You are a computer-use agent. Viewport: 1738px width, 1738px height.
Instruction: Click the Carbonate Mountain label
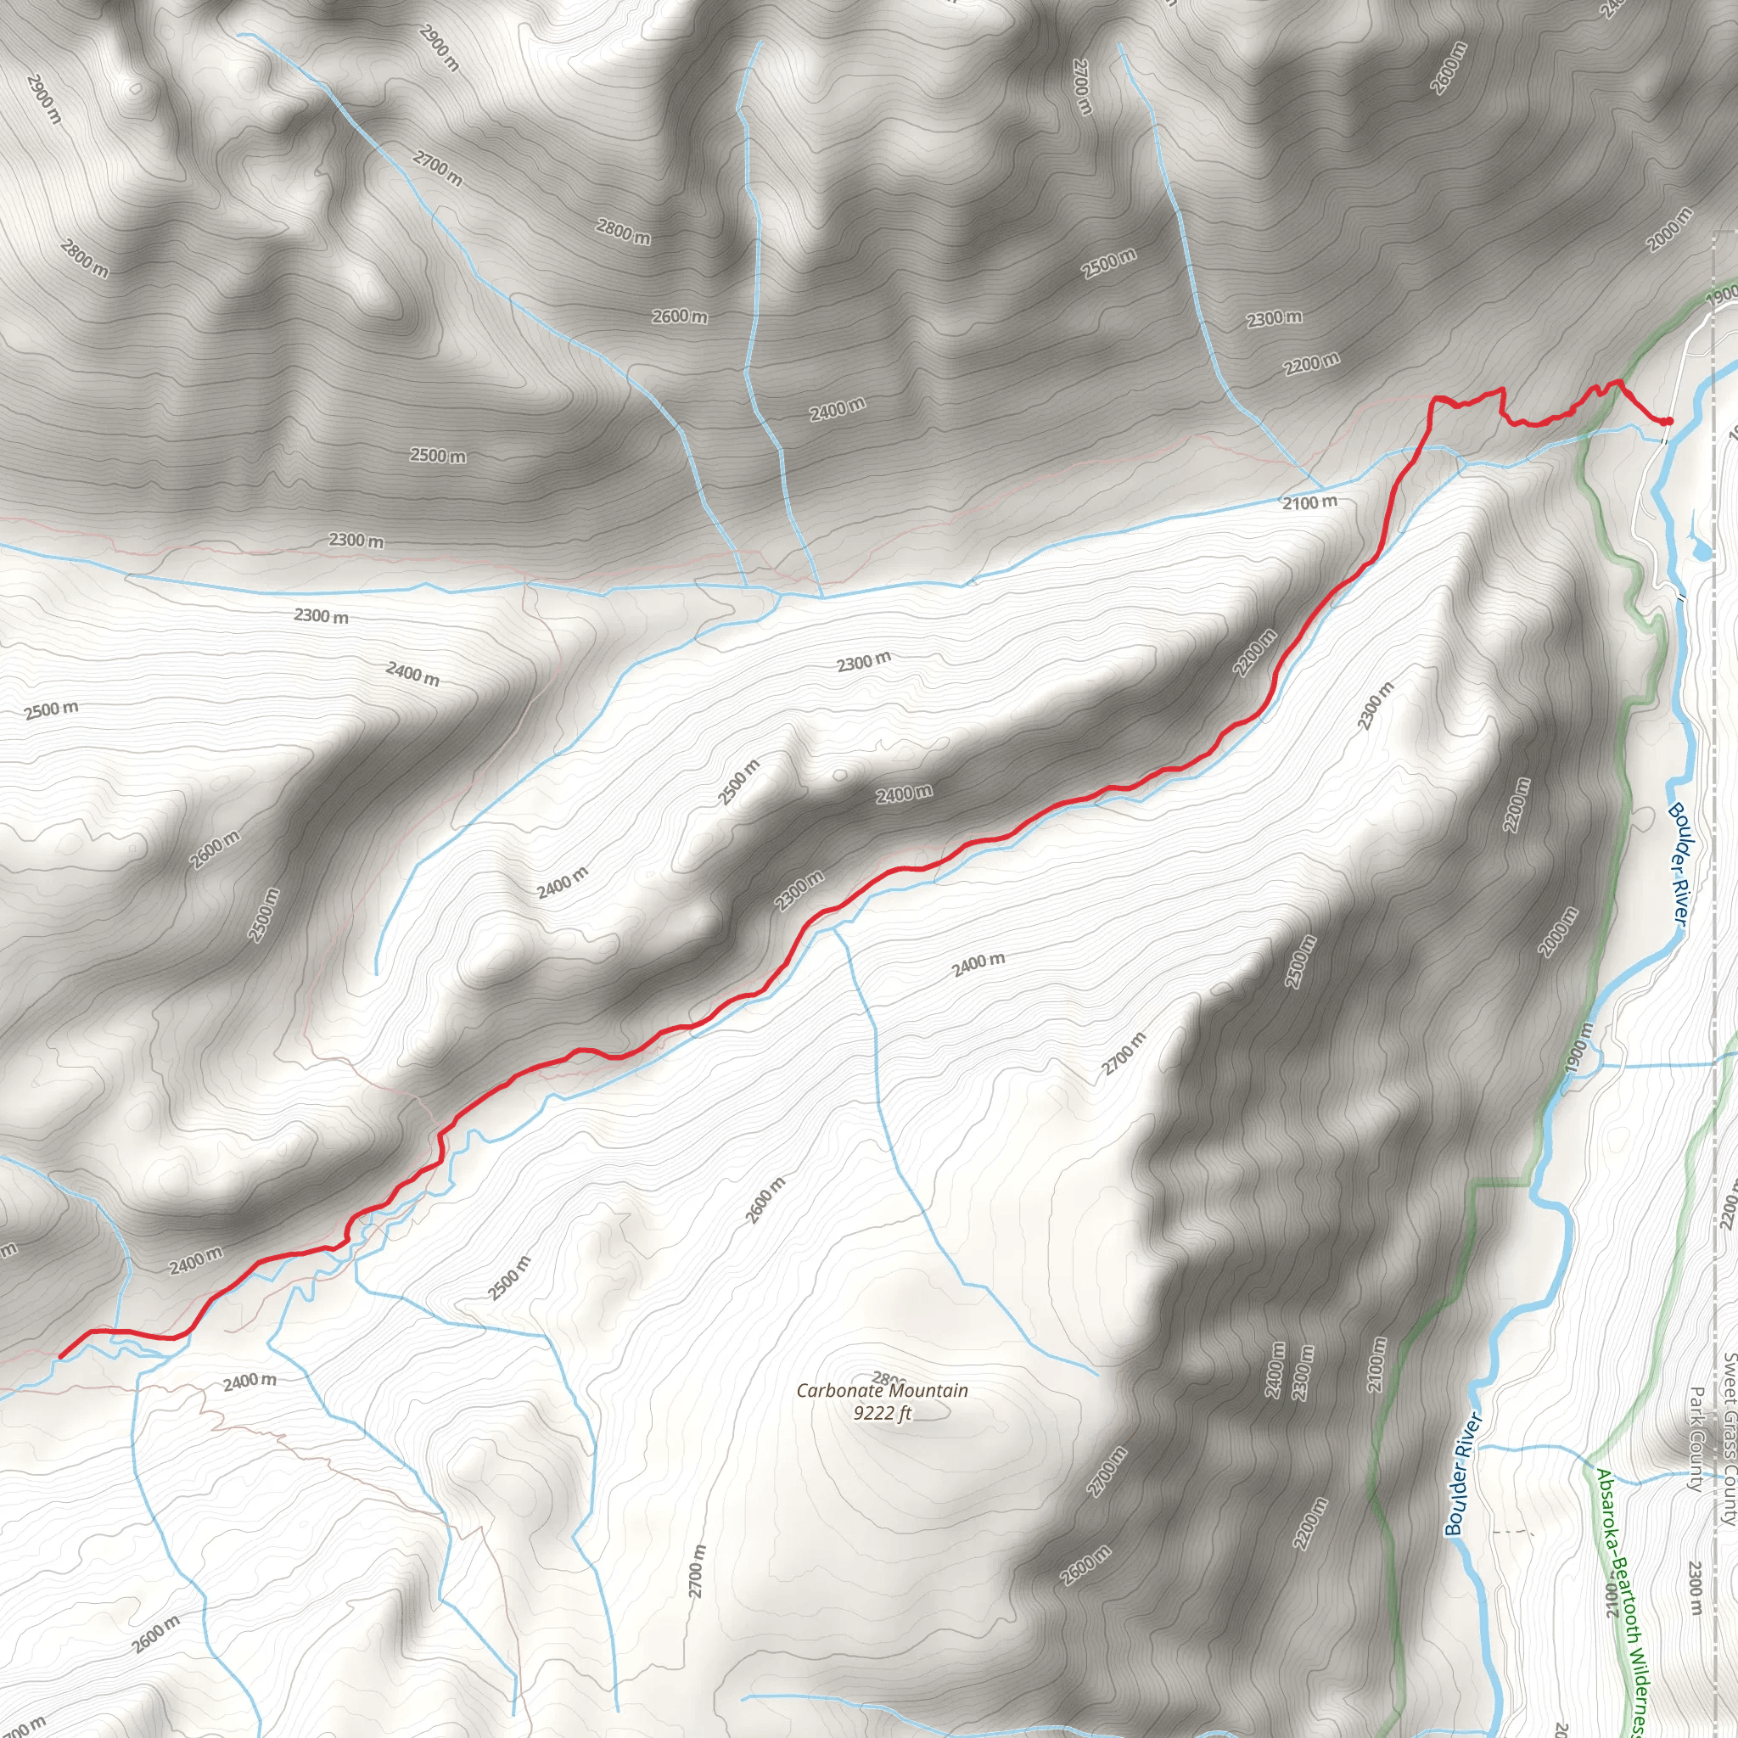point(882,1391)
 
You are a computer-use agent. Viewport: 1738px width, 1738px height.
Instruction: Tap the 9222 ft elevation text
point(882,1413)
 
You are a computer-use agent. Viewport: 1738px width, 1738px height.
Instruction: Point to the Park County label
point(1696,1439)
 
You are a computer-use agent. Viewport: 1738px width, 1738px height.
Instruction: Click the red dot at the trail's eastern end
point(1667,421)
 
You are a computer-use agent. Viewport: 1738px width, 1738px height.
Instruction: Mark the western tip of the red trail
point(61,1355)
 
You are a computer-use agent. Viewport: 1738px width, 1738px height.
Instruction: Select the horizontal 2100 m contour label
point(1309,502)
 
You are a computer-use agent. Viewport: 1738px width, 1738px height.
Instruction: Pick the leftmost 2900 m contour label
point(43,99)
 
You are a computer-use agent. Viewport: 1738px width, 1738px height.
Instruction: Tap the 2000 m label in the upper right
point(1669,230)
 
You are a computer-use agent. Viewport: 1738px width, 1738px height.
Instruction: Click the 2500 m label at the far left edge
point(51,709)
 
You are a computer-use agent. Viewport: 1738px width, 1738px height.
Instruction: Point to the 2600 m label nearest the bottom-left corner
point(155,1634)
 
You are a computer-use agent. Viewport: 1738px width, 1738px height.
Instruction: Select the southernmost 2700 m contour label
point(698,1571)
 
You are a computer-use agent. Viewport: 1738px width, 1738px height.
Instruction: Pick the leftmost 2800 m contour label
point(85,258)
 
